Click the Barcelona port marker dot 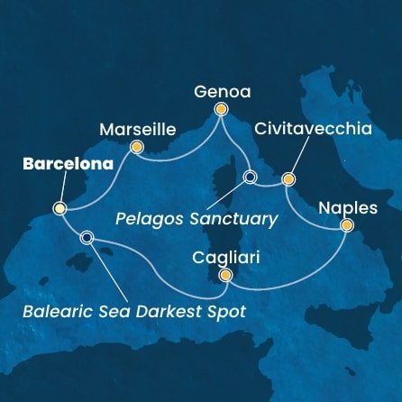coord(60,209)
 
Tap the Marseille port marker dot coord(136,147)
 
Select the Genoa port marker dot coord(220,110)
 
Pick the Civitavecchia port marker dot coord(289,178)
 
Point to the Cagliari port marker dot coord(225,275)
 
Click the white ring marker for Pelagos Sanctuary coord(250,177)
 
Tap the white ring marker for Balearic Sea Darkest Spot coord(87,238)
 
